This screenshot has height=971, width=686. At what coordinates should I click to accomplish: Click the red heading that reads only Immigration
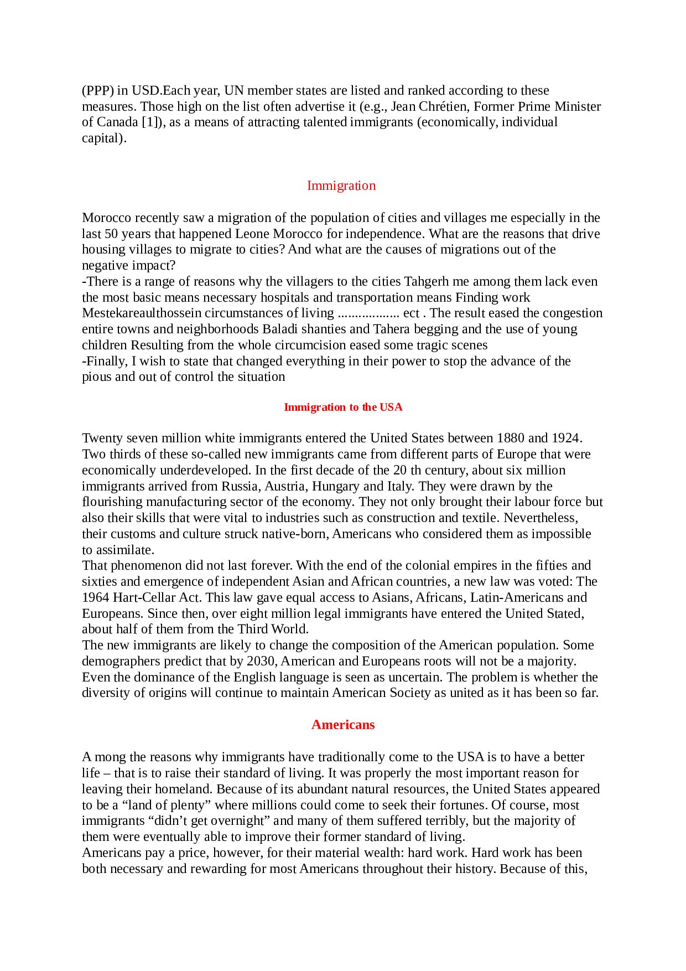pyautogui.click(x=341, y=185)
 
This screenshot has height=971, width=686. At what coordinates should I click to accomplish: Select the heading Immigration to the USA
pyautogui.click(x=343, y=407)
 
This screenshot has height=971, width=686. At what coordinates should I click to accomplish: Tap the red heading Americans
pyautogui.click(x=343, y=725)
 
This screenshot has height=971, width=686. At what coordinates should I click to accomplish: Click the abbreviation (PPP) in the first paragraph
pyautogui.click(x=97, y=91)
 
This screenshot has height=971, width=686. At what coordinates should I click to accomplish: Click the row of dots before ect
pyautogui.click(x=368, y=314)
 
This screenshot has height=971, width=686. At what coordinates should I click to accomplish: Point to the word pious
pyautogui.click(x=97, y=378)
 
